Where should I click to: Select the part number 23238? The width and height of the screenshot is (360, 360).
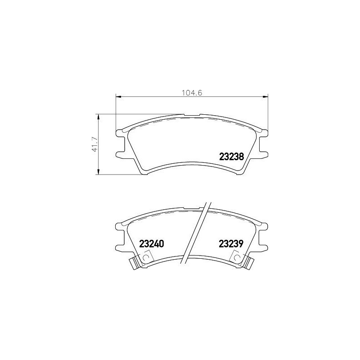pos(231,157)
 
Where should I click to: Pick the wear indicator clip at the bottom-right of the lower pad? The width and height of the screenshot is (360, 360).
pos(248,264)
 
